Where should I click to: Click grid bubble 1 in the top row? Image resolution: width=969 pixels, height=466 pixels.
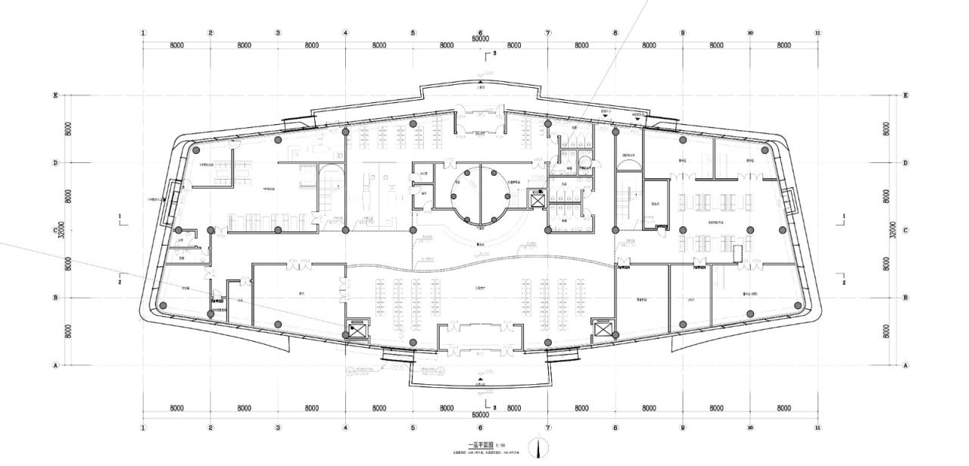pyautogui.click(x=143, y=33)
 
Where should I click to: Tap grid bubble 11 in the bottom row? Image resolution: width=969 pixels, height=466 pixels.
pyautogui.click(x=818, y=428)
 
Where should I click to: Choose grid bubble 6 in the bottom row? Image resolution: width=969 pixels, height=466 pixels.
pyautogui.click(x=481, y=428)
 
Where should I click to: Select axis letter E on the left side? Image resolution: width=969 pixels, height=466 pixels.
pyautogui.click(x=55, y=95)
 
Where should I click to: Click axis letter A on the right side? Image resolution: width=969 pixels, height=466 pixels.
pyautogui.click(x=905, y=365)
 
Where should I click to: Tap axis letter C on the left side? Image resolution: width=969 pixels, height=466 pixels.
pyautogui.click(x=55, y=230)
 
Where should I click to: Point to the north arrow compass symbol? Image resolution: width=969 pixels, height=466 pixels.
pyautogui.click(x=538, y=448)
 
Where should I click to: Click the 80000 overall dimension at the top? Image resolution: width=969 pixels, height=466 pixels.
pyautogui.click(x=480, y=39)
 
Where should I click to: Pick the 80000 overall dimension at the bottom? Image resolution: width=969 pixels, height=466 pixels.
pyautogui.click(x=480, y=415)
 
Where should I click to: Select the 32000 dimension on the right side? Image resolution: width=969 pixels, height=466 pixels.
pyautogui.click(x=894, y=230)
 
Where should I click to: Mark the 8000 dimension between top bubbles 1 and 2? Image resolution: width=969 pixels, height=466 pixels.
pyautogui.click(x=176, y=45)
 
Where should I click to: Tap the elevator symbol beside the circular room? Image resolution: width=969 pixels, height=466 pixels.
pyautogui.click(x=538, y=199)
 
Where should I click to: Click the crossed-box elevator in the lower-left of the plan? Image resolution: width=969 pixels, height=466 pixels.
pyautogui.click(x=356, y=330)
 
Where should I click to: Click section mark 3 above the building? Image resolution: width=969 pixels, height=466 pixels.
pyautogui.click(x=492, y=55)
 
